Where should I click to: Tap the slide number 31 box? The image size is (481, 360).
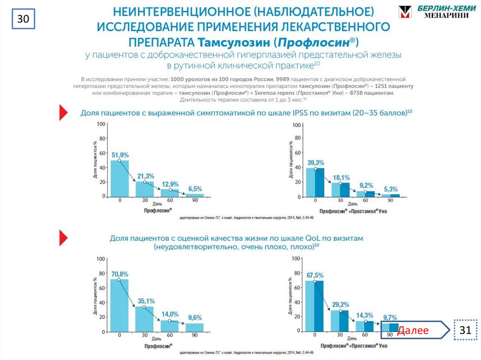point(465,330)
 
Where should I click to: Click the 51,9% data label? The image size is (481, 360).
point(120,154)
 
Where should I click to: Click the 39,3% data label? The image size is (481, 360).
point(315,162)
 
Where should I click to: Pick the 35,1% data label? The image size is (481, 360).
point(145,301)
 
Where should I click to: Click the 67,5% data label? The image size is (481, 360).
point(315,275)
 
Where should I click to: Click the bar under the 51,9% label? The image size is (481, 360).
point(119,178)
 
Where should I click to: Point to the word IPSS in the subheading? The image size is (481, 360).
point(295,113)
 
